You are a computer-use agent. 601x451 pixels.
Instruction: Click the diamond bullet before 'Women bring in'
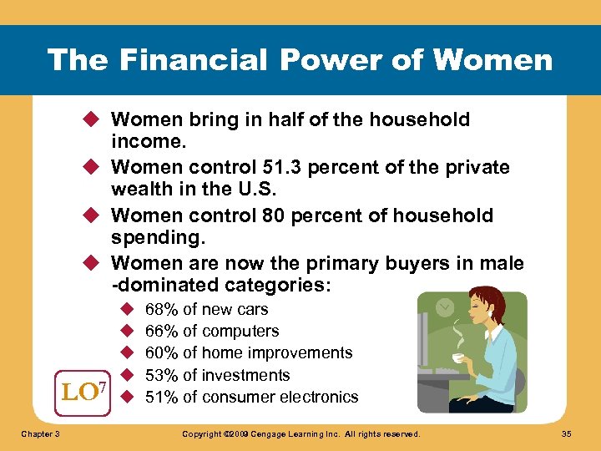pos(94,120)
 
